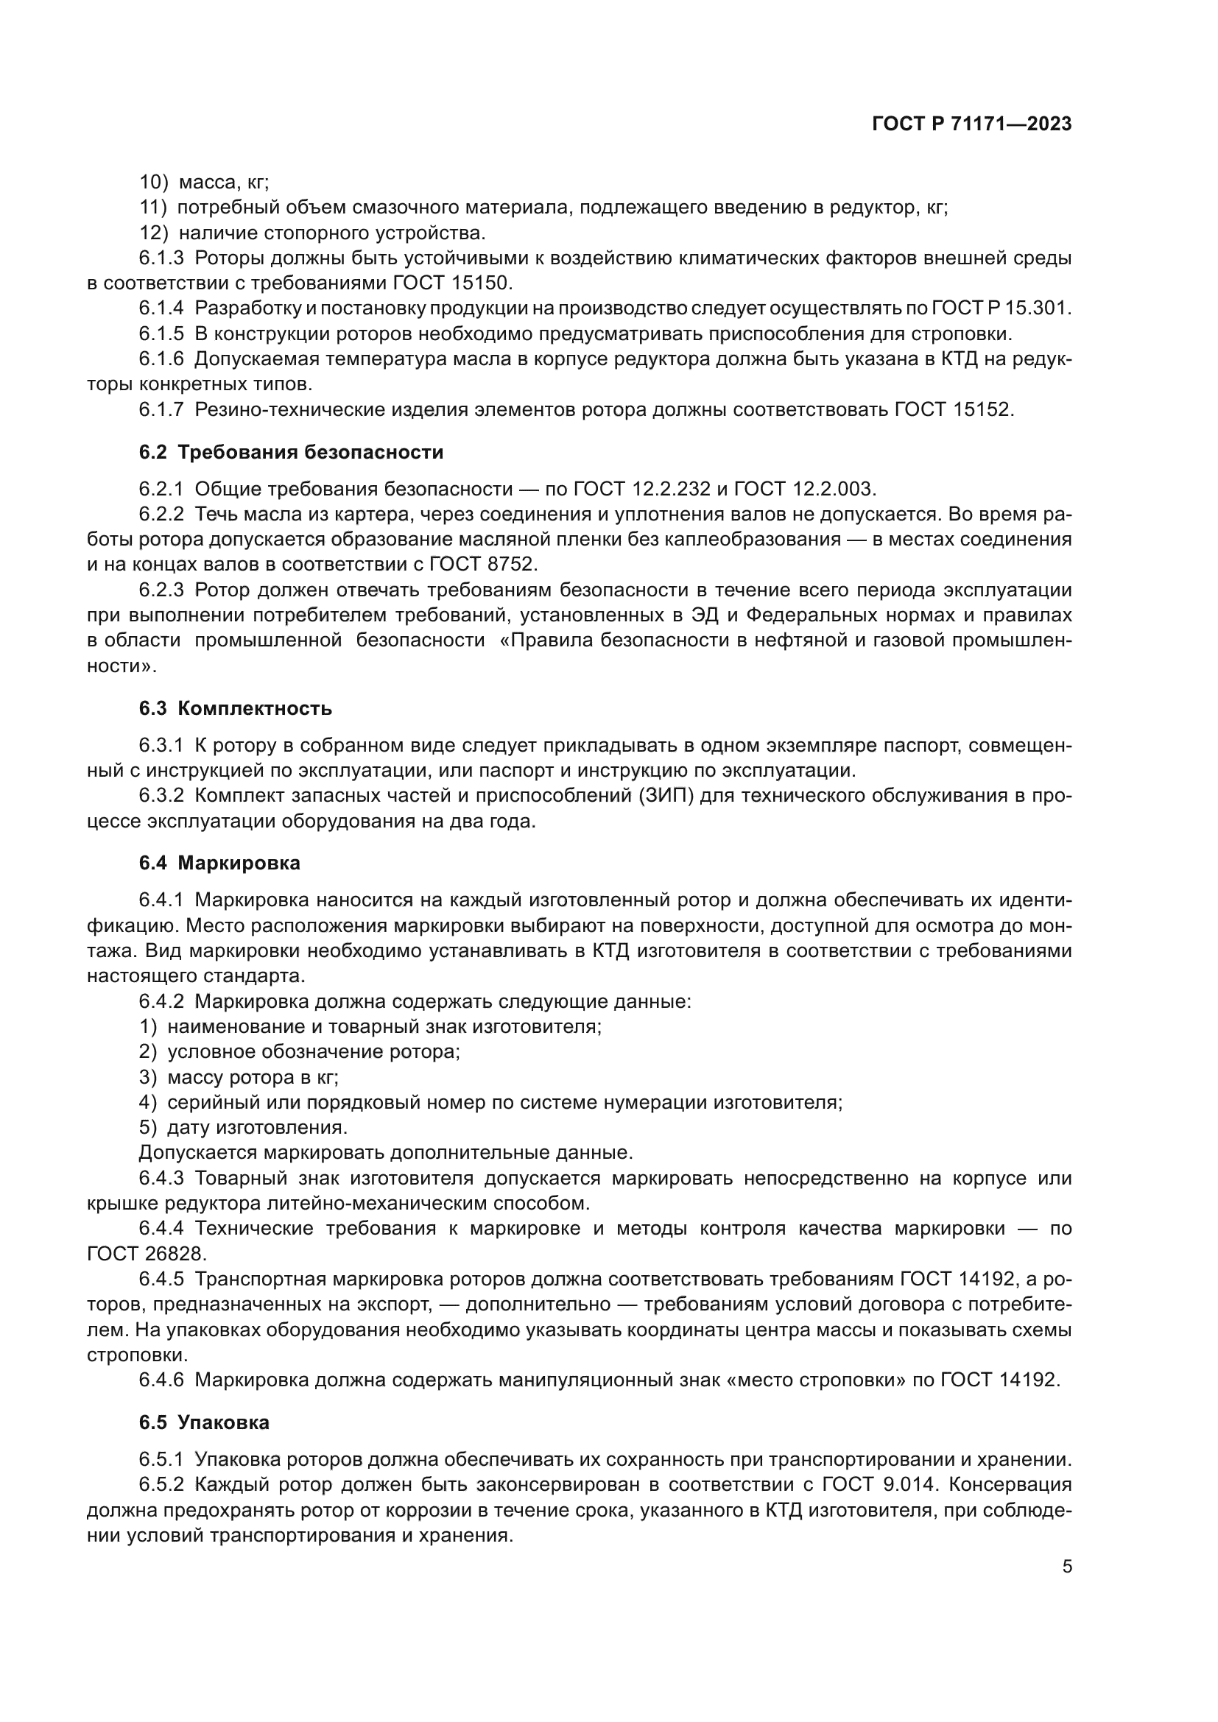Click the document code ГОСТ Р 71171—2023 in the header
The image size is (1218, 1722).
click(x=971, y=124)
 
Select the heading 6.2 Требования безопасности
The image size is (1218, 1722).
click(x=291, y=452)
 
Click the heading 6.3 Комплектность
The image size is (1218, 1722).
click(x=236, y=709)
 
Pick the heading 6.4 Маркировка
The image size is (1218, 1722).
click(x=219, y=864)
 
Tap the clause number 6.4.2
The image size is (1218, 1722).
click(x=161, y=1001)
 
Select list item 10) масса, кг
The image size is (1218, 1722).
click(x=204, y=183)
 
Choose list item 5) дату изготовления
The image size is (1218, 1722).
click(x=243, y=1127)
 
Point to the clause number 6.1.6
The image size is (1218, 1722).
click(x=161, y=359)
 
